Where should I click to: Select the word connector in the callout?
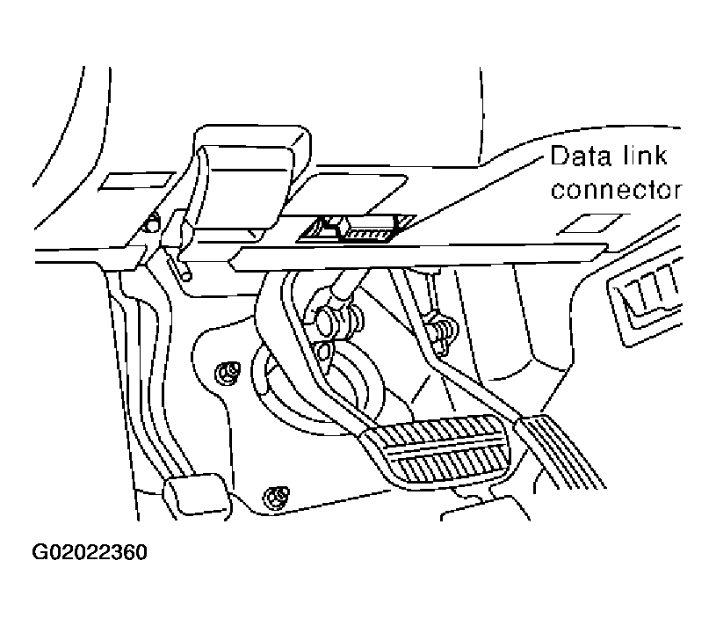[x=614, y=190]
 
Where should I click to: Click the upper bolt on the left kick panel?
[x=230, y=373]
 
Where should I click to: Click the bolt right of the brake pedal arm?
[x=439, y=330]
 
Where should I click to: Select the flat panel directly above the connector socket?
[x=351, y=191]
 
